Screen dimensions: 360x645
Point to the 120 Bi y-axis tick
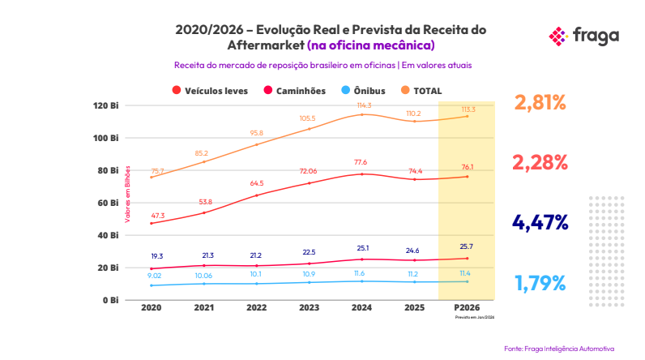click(107, 105)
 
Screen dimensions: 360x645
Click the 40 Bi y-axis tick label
click(109, 235)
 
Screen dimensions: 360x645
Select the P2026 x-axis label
click(468, 309)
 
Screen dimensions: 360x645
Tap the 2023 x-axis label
click(308, 309)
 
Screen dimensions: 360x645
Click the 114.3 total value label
click(363, 105)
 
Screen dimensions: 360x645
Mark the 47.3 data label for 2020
click(157, 216)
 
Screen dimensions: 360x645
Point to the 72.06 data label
click(309, 172)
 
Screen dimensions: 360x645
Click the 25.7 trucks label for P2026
click(468, 246)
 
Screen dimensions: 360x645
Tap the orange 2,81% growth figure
click(540, 102)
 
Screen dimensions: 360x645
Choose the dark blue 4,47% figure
click(540, 222)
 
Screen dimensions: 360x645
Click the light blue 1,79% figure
click(540, 283)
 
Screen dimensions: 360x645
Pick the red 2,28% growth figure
click(540, 162)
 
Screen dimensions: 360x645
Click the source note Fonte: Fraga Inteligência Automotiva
click(559, 348)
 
